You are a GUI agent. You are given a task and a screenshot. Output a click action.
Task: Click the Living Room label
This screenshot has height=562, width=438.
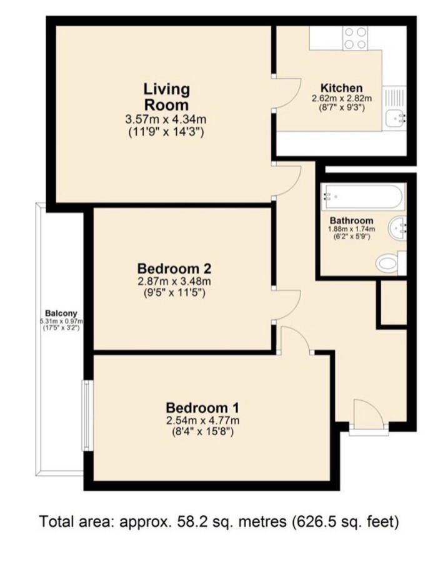tap(166, 97)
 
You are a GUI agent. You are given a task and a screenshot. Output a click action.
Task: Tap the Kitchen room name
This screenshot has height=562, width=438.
tap(341, 88)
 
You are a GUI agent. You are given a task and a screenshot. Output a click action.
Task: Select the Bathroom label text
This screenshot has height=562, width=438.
tap(351, 220)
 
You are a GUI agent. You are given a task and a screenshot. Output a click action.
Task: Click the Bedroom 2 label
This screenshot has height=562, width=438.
tap(174, 269)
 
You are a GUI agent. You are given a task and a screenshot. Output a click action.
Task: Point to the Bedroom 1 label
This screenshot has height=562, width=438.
tap(202, 408)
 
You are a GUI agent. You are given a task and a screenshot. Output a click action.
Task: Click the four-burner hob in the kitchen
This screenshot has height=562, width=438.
tap(355, 38)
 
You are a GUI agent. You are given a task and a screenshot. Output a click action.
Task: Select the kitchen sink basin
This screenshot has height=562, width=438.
tap(396, 118)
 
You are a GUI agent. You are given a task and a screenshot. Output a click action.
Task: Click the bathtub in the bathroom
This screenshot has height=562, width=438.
tap(363, 197)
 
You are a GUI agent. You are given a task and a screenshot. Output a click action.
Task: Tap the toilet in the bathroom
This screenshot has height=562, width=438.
tap(391, 263)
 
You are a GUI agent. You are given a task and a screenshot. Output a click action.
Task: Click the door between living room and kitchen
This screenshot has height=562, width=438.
tap(287, 93)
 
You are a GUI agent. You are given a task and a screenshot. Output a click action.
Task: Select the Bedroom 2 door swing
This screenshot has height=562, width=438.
tap(287, 305)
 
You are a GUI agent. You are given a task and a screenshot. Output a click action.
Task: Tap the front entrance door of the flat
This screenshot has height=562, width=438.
tap(369, 415)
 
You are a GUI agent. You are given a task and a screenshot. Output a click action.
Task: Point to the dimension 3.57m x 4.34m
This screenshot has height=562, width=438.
tap(166, 119)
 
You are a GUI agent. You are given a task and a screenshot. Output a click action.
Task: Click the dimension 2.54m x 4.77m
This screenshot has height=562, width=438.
tap(202, 420)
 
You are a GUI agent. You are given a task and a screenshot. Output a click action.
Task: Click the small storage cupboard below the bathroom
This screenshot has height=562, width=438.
tap(394, 302)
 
